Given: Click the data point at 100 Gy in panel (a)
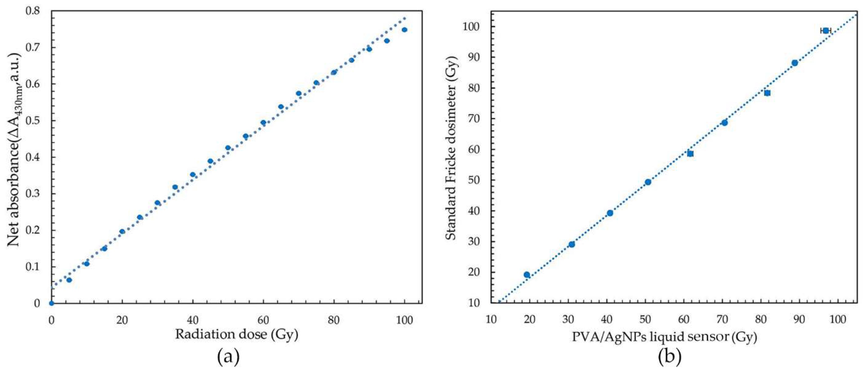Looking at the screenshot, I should point(404,30).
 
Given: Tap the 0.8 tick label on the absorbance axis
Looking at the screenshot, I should point(33,11).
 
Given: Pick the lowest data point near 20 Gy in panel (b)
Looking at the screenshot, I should point(527,275).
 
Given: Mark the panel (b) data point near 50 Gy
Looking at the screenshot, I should point(648,182).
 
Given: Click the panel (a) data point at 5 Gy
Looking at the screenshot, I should point(69,280).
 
